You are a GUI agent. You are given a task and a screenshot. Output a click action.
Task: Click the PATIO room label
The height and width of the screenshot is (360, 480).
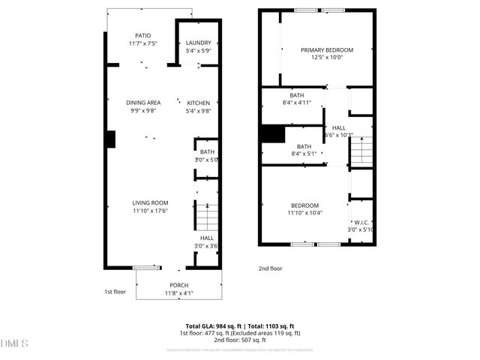pos(142,35)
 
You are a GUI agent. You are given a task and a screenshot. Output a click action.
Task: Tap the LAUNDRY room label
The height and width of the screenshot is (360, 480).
pos(199,43)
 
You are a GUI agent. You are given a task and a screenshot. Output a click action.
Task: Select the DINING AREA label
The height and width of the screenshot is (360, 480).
pos(143,103)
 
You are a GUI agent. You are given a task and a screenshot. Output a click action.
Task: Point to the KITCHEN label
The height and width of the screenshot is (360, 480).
pos(199,103)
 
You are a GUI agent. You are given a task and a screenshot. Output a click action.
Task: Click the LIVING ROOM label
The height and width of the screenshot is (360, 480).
pos(150,202)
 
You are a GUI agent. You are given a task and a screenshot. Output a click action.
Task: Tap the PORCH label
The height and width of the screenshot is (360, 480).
pos(178,285)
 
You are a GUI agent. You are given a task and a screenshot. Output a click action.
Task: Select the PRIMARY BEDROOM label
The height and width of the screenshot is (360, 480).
pos(327,50)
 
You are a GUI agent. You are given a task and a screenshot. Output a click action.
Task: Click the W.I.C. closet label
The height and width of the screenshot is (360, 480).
pos(361,222)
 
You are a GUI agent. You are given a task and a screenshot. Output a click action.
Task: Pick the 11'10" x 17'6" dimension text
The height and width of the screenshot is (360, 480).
pos(150,211)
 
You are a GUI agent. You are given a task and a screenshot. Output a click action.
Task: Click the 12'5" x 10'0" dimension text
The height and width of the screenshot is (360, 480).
pos(327,58)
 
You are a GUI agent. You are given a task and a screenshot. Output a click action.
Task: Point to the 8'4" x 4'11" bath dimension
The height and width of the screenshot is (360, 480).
pos(298,103)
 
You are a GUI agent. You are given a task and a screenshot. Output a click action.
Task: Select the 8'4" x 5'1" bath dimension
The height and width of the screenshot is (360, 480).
pos(304,154)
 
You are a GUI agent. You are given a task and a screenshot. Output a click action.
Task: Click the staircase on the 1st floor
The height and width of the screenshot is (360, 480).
pos(206,217)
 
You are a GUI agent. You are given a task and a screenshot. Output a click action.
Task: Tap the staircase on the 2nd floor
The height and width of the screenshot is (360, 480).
pos(361,150)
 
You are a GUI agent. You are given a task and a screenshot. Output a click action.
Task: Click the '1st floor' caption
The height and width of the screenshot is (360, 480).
pos(114,292)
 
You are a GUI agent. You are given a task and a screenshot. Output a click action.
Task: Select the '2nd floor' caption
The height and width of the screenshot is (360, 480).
pos(271,268)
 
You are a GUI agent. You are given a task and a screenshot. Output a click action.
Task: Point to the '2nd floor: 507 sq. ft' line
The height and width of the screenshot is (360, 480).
pos(240,340)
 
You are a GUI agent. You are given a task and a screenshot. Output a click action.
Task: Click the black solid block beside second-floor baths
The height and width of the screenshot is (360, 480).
pos(272,133)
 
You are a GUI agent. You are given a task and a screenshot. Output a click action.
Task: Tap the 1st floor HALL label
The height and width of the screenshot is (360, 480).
pos(206,238)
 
